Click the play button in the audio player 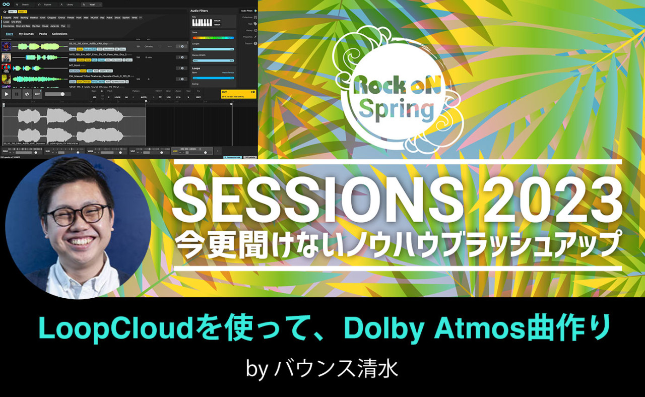7,94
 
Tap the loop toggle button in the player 27,94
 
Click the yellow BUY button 238,93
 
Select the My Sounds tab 26,34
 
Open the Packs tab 43,34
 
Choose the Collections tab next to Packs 59,34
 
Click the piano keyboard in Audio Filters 202,23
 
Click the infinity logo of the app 6,4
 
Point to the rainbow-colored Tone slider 213,38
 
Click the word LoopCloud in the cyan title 108,328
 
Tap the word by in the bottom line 256,369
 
